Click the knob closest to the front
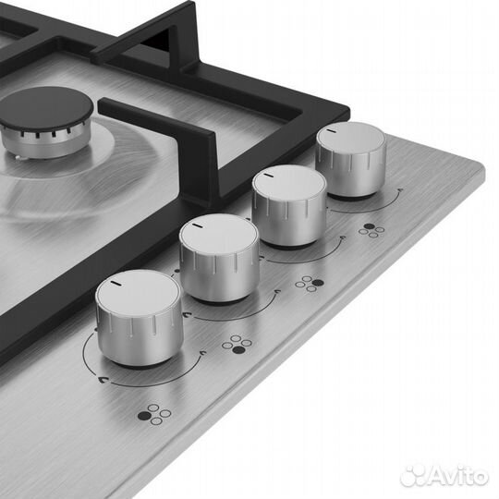tap(139, 318)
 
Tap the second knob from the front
tap(220, 259)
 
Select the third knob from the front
tap(289, 206)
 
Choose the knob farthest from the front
tap(351, 159)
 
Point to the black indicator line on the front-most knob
tap(115, 283)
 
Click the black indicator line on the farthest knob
tap(332, 130)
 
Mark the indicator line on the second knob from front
tap(197, 226)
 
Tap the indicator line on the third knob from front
tap(268, 175)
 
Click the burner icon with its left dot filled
tap(154, 415)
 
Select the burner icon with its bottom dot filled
tap(237, 345)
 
